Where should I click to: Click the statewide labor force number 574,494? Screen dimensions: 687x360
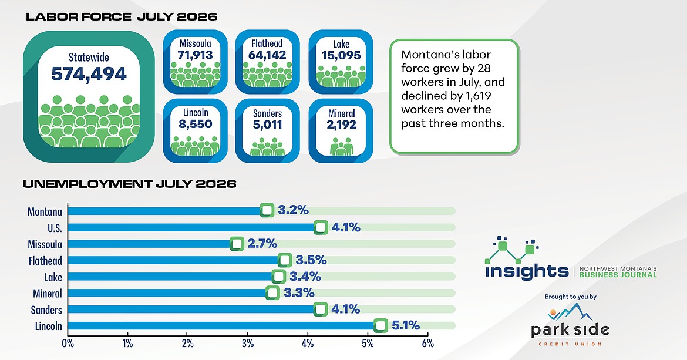[89, 74]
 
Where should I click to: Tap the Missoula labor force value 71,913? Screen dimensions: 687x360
[196, 55]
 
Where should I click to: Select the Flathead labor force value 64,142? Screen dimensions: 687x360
[267, 55]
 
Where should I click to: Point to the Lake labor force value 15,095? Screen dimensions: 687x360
[341, 56]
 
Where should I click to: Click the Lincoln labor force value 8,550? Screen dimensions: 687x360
[196, 124]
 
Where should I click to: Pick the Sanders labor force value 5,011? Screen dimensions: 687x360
[267, 125]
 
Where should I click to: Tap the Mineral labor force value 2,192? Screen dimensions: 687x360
[341, 125]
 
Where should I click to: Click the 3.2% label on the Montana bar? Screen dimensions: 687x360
[293, 210]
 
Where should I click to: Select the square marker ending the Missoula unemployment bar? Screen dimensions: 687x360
[237, 244]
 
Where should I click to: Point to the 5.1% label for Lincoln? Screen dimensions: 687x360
[406, 325]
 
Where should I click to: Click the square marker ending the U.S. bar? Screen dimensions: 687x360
[321, 227]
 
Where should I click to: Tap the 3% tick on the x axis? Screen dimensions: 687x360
[248, 344]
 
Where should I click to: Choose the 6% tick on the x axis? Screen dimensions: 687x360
[427, 344]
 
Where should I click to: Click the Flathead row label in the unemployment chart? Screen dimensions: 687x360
[46, 261]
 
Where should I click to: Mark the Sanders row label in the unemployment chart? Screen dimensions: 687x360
[46, 310]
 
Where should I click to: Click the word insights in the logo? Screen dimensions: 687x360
[527, 271]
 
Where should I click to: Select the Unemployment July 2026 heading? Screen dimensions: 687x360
[130, 184]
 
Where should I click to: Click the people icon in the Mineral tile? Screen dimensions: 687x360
[341, 147]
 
